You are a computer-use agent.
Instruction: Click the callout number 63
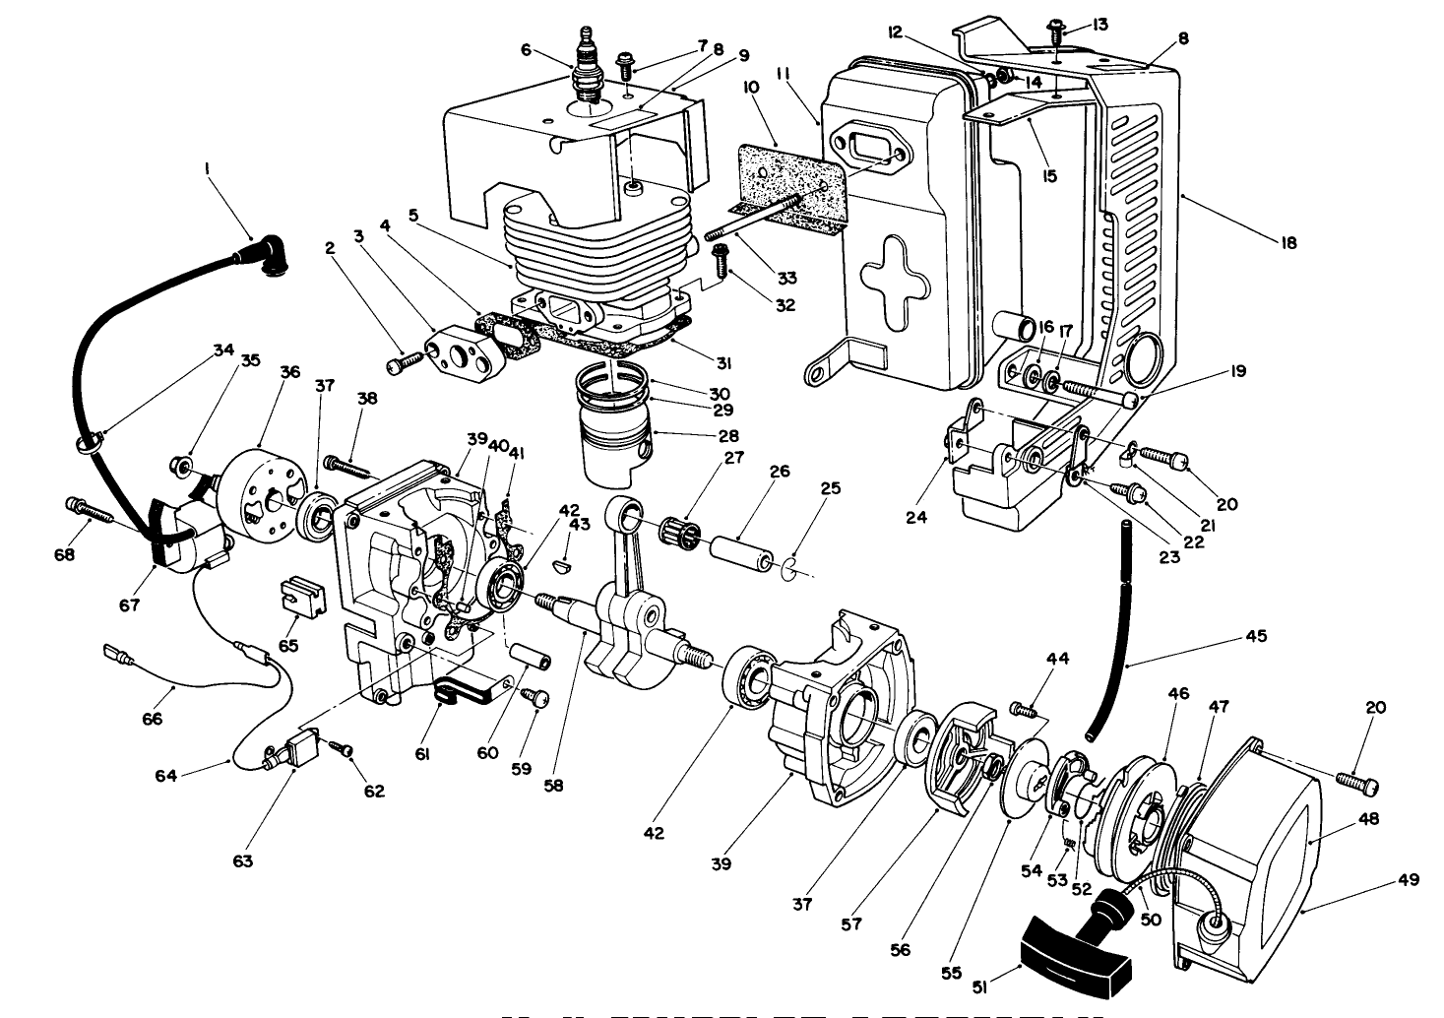click(x=242, y=860)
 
